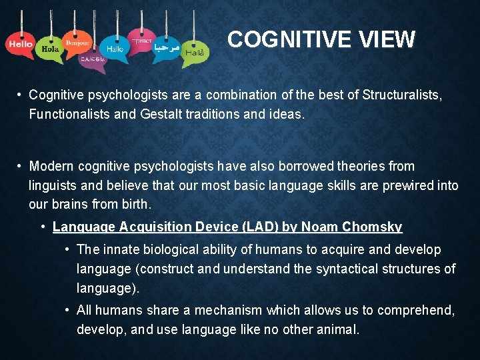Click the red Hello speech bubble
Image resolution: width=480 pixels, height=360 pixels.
(x=20, y=44)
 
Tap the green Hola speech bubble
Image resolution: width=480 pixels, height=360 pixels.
(x=50, y=49)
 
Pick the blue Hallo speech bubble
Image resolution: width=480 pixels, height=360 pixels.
(x=114, y=49)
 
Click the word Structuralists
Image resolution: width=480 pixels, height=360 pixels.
(x=401, y=95)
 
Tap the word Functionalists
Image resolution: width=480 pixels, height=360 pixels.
(x=70, y=114)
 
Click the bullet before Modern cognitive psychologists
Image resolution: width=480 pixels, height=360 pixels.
(x=22, y=166)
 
